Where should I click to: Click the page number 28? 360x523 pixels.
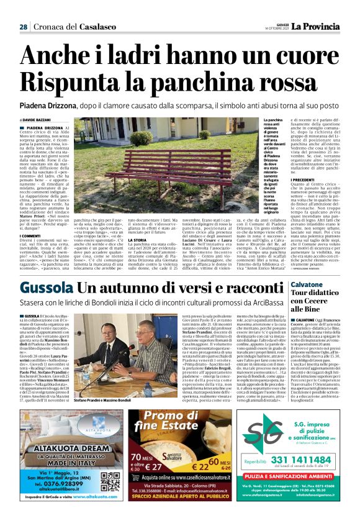(22, 27)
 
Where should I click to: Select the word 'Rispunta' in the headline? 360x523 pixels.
(69, 81)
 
